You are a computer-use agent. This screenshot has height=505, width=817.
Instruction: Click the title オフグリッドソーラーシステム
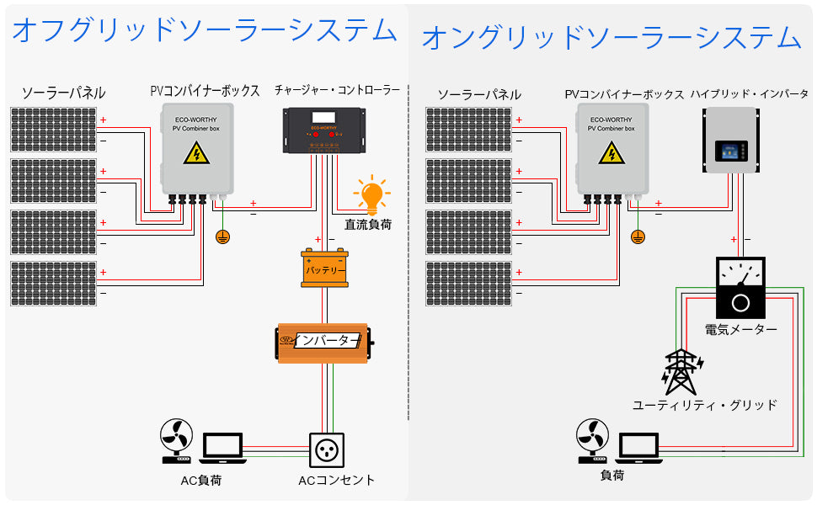click(x=204, y=30)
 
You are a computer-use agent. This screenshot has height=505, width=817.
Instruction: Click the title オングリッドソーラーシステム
click(x=611, y=37)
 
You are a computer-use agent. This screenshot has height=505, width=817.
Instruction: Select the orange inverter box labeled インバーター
click(x=325, y=341)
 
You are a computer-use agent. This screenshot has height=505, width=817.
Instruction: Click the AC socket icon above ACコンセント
click(x=327, y=450)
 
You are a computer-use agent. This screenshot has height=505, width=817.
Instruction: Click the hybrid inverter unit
click(x=730, y=140)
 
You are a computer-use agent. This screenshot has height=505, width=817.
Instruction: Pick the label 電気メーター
click(x=741, y=329)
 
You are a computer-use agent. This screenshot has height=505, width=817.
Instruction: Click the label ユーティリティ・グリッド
click(x=704, y=405)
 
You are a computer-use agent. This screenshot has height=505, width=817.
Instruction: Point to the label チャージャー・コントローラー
click(x=337, y=89)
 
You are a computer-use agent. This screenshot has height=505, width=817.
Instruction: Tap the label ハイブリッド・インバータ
click(x=749, y=93)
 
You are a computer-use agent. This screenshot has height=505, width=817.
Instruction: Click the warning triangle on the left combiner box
click(x=196, y=152)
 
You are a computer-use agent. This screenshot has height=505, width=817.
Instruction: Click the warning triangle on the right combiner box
click(x=611, y=152)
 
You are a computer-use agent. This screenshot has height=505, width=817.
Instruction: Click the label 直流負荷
click(x=368, y=225)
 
